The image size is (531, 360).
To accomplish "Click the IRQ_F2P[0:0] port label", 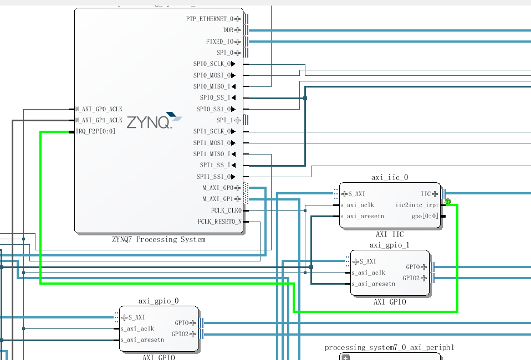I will [x=96, y=132].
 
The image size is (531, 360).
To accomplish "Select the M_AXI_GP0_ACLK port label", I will [x=99, y=109].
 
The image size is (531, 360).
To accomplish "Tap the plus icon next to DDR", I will [x=238, y=30].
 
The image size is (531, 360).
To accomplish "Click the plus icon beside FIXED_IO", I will [x=238, y=42].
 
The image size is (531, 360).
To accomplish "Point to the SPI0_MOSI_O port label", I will [x=211, y=75].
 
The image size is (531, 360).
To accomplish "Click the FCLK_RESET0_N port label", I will [x=219, y=222].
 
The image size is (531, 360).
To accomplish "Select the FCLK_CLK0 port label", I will [x=226, y=210].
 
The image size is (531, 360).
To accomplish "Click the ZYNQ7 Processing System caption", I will [x=159, y=240].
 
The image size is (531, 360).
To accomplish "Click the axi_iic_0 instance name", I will [x=390, y=177].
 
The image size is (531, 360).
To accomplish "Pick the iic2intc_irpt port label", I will [x=417, y=205].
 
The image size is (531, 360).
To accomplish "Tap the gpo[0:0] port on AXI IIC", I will [x=425, y=216].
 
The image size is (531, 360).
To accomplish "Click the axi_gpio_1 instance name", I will [x=389, y=245].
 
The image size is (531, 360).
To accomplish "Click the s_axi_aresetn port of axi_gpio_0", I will [x=142, y=340].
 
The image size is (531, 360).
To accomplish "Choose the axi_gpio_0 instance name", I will [x=159, y=301].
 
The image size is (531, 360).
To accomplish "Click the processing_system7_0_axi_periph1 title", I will [x=390, y=348].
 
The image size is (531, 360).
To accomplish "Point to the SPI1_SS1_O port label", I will [x=213, y=177].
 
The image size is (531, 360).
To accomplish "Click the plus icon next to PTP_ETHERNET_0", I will [x=238, y=19].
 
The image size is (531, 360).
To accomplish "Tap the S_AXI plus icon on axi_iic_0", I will [x=345, y=194].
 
